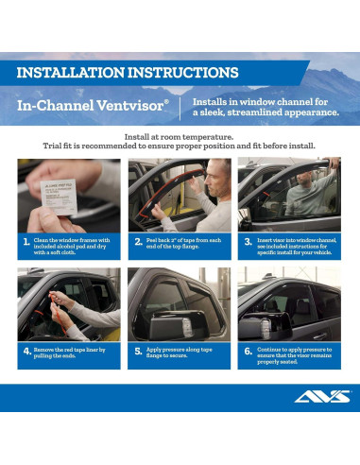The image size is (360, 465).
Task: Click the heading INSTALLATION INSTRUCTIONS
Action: pyautogui.click(x=127, y=73)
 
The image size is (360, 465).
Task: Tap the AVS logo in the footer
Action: pyautogui.click(x=320, y=397)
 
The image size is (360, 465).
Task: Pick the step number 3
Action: pyautogui.click(x=249, y=242)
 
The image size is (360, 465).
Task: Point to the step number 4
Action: pyautogui.click(x=26, y=350)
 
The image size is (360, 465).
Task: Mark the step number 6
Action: pyautogui.click(x=249, y=350)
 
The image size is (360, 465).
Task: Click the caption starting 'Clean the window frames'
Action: pyautogui.click(x=77, y=246)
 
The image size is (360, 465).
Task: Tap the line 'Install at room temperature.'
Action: pyautogui.click(x=179, y=137)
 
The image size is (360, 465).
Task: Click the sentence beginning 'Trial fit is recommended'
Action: pyautogui.click(x=179, y=146)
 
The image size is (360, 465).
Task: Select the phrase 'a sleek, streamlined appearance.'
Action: pyautogui.click(x=265, y=112)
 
